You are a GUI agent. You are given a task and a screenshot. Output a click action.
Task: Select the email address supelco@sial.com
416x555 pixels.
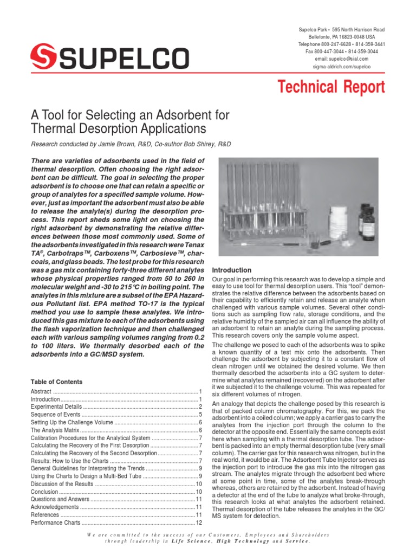(x=341, y=59)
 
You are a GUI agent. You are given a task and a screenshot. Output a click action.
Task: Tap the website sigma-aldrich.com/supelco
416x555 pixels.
(x=341, y=66)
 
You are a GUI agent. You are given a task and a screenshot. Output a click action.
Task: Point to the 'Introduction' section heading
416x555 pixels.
(x=231, y=270)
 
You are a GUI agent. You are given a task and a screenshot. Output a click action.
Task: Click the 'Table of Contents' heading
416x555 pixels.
(x=56, y=382)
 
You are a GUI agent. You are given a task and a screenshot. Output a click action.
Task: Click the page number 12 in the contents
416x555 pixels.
(x=199, y=522)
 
